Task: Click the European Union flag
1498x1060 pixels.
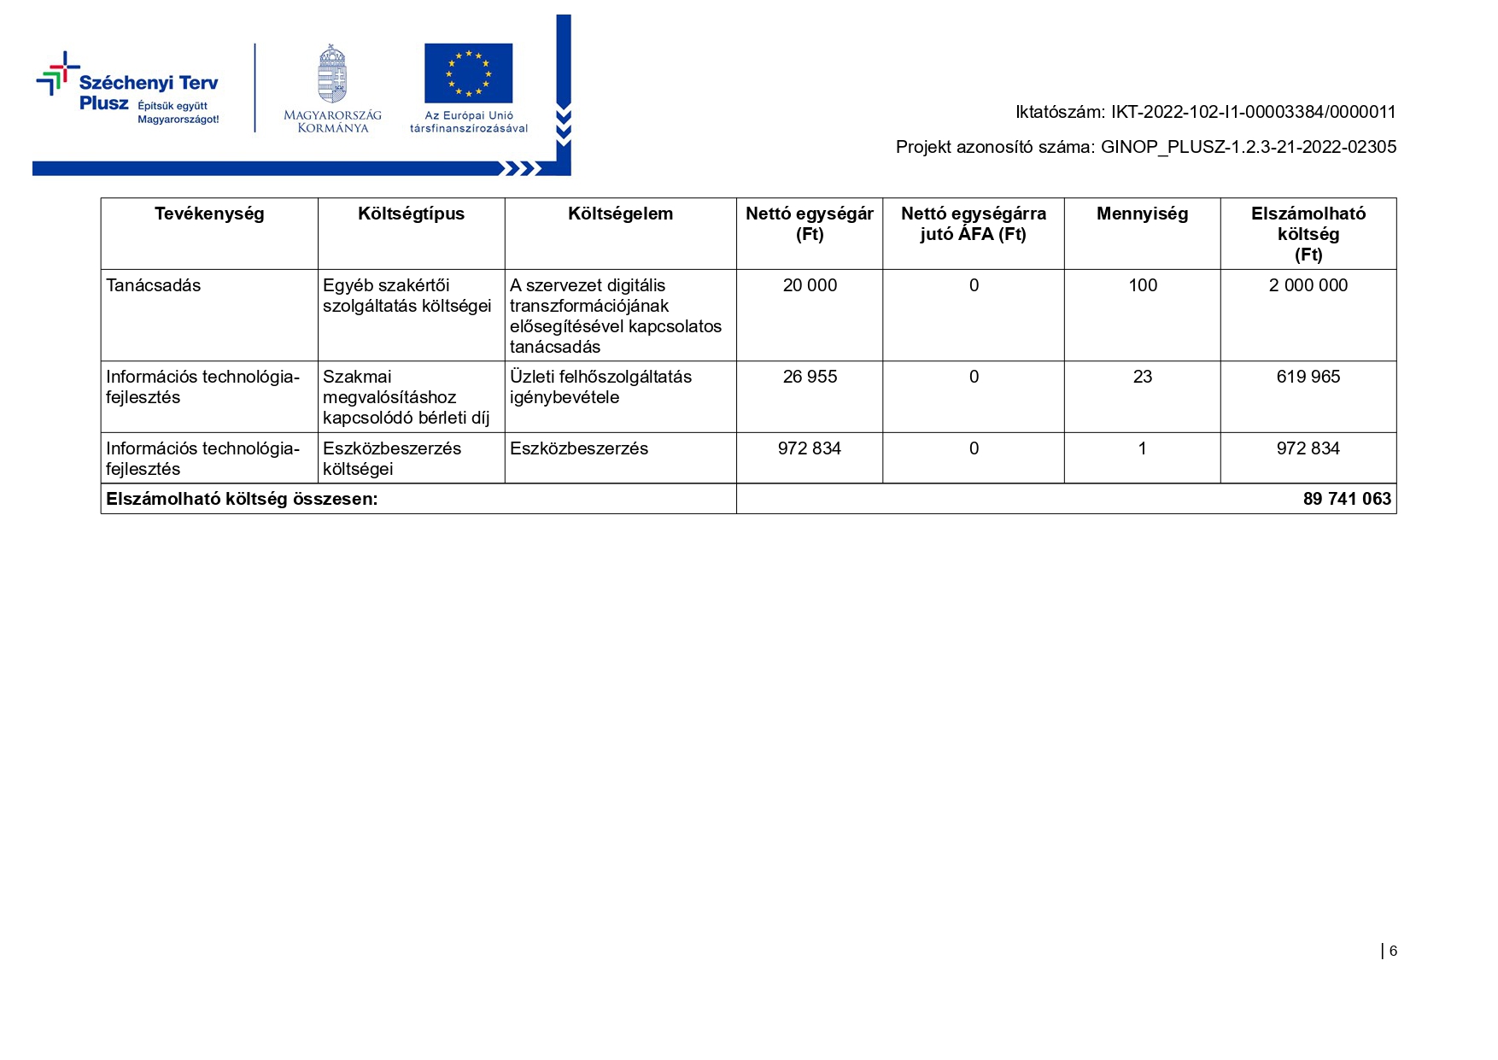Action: click(468, 73)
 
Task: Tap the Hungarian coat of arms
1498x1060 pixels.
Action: click(332, 74)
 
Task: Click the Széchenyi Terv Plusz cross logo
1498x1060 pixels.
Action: click(57, 73)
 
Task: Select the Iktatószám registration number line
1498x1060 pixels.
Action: click(1205, 112)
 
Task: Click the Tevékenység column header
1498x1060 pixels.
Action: click(209, 214)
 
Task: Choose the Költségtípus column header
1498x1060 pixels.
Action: click(411, 214)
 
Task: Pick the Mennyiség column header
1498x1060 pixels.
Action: click(1142, 214)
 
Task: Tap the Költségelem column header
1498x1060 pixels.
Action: click(620, 214)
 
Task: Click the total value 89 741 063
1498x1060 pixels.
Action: click(1347, 499)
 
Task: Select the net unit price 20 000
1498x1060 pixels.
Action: click(810, 285)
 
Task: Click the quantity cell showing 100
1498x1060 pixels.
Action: click(1143, 285)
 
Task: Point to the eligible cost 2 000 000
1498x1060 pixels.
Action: click(1308, 285)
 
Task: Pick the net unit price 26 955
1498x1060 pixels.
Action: click(810, 377)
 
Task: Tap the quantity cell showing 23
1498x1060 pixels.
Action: click(1143, 377)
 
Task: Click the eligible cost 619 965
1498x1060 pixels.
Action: click(1308, 377)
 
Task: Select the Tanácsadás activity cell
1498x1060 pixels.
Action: click(154, 285)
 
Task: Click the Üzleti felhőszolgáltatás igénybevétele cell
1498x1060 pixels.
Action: click(600, 387)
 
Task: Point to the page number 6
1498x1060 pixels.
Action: click(1393, 951)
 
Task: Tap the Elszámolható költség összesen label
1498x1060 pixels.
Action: click(242, 499)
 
